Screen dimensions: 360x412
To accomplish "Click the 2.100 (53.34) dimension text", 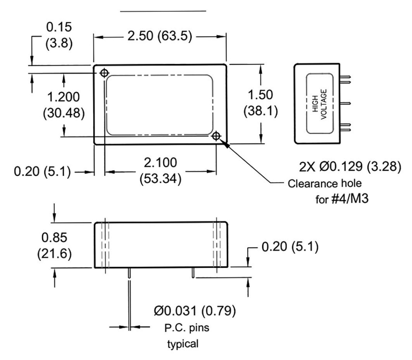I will (160, 170).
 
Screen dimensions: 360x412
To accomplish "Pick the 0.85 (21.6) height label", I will (54, 246).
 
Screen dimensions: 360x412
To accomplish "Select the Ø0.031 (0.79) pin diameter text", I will (195, 311).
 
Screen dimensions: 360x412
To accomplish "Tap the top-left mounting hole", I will (104, 73).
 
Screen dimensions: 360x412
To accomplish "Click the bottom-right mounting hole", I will (216, 136).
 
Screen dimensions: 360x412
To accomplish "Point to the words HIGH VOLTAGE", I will (320, 103).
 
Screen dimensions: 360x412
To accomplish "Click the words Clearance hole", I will (325, 184).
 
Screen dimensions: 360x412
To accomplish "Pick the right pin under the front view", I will (194, 273).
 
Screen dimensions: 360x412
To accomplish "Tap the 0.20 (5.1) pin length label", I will (290, 246).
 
